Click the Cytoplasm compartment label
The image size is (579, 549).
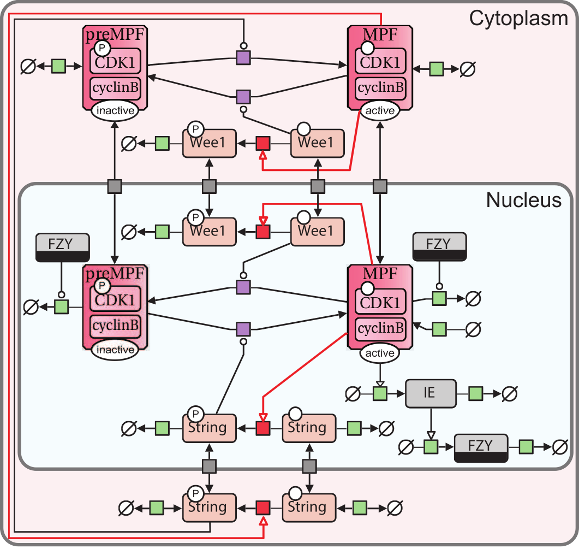point(518,19)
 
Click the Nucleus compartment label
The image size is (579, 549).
point(523,200)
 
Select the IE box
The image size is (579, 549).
point(430,393)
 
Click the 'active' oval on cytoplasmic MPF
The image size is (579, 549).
point(380,110)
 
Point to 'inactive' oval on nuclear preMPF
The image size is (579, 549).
point(115,350)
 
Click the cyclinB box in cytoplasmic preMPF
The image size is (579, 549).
point(115,87)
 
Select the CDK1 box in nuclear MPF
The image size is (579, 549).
point(380,302)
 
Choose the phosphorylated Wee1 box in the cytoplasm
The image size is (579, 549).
point(210,144)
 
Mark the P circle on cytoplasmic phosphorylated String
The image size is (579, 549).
point(194,494)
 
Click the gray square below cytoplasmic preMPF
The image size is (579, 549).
point(115,186)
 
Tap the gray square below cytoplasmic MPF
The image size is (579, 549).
point(380,186)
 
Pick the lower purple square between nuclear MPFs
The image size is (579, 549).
point(243,329)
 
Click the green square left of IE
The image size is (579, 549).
point(380,393)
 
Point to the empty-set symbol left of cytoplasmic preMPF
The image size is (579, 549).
point(28,67)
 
